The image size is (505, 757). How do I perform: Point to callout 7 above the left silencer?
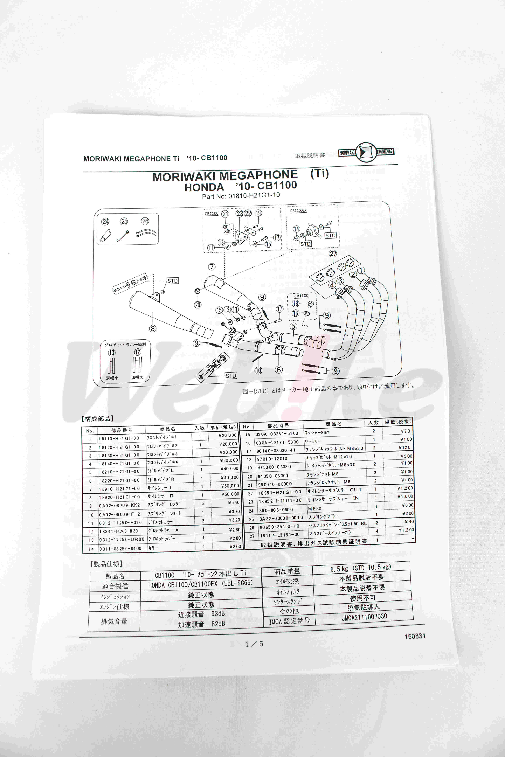tap(212, 267)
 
